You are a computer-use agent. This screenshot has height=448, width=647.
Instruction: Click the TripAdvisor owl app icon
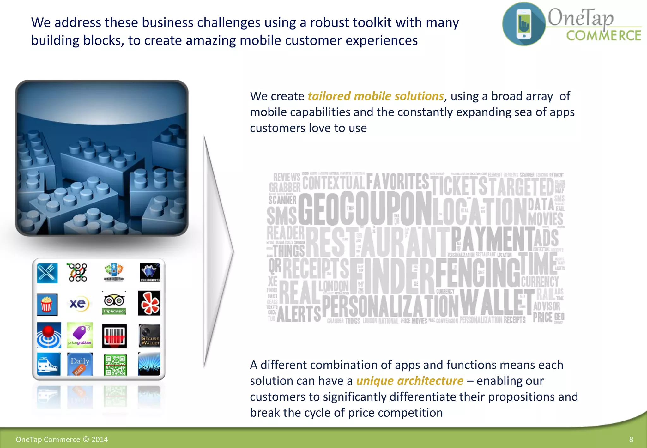pyautogui.click(x=114, y=303)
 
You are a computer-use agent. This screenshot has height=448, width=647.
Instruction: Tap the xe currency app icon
pyautogui.click(x=78, y=304)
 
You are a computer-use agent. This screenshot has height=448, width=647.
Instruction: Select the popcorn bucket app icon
pyautogui.click(x=47, y=304)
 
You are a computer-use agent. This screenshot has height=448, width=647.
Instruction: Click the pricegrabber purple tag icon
pyautogui.click(x=80, y=335)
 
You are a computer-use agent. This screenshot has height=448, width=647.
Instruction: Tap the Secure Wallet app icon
pyautogui.click(x=149, y=335)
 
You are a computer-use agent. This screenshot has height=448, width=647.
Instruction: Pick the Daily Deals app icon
pyautogui.click(x=80, y=364)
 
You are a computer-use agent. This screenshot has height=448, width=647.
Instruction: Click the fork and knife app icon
pyautogui.click(x=47, y=273)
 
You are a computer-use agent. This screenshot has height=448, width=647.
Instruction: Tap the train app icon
pyautogui.click(x=49, y=364)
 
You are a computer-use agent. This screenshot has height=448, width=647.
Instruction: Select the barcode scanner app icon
pyautogui.click(x=114, y=336)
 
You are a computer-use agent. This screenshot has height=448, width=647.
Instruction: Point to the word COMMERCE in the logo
pyautogui.click(x=603, y=36)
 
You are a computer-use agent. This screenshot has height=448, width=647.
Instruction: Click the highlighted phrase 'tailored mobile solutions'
pyautogui.click(x=376, y=96)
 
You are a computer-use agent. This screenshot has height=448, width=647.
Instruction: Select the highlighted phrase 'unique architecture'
pyautogui.click(x=409, y=381)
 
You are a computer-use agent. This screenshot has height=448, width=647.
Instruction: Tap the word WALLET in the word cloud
pyautogui.click(x=496, y=302)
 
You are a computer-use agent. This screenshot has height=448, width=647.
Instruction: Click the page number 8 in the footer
pyautogui.click(x=631, y=439)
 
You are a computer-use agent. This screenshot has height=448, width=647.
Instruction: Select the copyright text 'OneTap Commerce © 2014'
pyautogui.click(x=62, y=439)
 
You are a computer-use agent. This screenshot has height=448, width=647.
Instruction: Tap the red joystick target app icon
pyautogui.click(x=49, y=335)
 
